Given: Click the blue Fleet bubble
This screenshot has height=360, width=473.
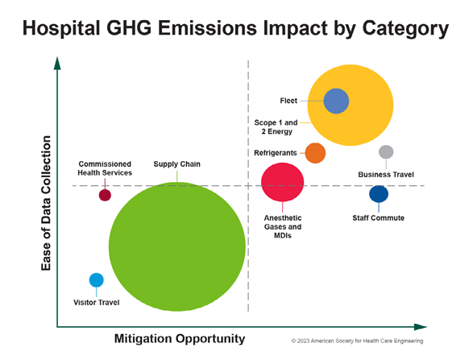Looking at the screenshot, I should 336,101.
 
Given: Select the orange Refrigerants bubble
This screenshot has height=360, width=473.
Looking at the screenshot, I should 315,152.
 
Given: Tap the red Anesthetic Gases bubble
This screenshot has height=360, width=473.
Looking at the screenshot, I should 283,182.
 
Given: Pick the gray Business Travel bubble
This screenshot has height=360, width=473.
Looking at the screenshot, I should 386,152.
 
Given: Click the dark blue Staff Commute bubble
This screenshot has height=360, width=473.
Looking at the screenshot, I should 379,193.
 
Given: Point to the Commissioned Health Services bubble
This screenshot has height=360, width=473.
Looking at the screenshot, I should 105,194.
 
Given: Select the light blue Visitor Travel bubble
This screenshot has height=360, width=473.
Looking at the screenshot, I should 96,280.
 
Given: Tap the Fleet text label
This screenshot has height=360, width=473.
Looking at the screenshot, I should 288,101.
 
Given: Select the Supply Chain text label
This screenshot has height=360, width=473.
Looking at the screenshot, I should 176,164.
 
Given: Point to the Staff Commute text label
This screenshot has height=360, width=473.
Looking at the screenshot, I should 378,217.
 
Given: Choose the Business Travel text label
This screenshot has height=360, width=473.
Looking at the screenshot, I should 386,174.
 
